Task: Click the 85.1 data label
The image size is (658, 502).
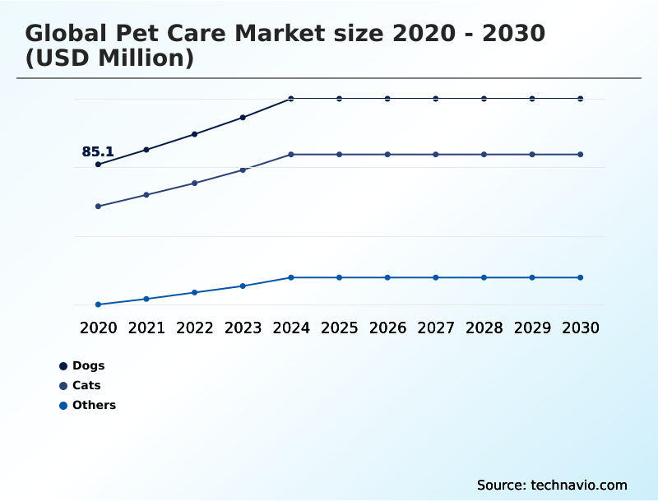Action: (x=98, y=152)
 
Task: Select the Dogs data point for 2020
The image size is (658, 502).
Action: (x=98, y=165)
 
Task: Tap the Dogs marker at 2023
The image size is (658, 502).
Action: (x=243, y=118)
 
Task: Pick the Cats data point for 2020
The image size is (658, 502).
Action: (x=98, y=207)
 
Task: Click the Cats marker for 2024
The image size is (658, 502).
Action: (x=291, y=155)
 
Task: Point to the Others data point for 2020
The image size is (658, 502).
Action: (x=98, y=304)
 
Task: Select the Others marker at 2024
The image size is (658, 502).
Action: (x=291, y=277)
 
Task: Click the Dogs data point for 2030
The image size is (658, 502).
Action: (x=581, y=99)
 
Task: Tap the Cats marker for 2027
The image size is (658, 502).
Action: (x=436, y=155)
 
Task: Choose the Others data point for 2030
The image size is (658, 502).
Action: (x=581, y=277)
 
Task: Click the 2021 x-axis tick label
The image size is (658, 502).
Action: (x=146, y=328)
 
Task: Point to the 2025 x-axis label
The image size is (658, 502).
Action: (x=339, y=328)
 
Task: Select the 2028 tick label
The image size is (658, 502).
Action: (x=484, y=328)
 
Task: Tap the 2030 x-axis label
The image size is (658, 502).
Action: (x=581, y=328)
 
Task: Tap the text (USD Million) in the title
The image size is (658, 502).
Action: (x=109, y=58)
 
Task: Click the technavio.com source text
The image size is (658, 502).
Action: (x=579, y=485)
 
